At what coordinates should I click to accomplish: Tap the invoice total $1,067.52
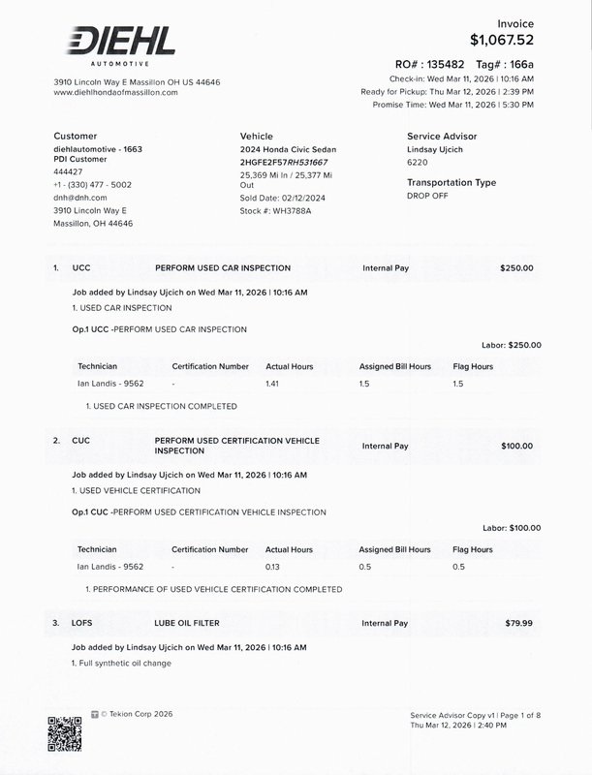(501, 40)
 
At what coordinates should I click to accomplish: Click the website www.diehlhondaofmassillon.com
(115, 93)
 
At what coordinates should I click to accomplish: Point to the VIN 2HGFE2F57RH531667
(284, 162)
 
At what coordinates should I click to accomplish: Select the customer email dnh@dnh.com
(79, 197)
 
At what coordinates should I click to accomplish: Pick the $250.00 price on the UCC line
(515, 267)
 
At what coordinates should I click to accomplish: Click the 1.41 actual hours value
(272, 385)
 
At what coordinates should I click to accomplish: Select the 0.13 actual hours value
(272, 567)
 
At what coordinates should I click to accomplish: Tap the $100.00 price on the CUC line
(515, 446)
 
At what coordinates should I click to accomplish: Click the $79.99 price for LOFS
(518, 624)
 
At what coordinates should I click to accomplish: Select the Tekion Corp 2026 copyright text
(136, 714)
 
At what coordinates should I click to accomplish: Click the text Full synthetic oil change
(125, 663)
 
